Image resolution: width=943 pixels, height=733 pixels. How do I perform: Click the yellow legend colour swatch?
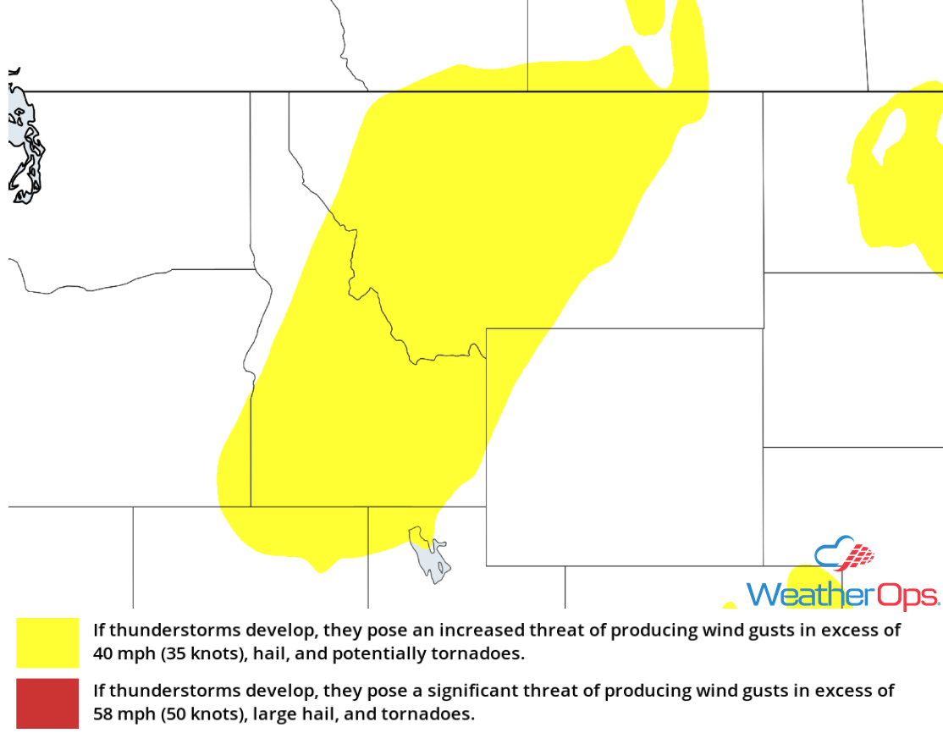pyautogui.click(x=47, y=642)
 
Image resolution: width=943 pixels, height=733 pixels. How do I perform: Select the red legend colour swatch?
pyautogui.click(x=47, y=703)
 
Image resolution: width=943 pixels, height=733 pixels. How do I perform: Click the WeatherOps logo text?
pyautogui.click(x=841, y=594)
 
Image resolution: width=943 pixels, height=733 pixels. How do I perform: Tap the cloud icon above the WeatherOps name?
pyautogui.click(x=843, y=554)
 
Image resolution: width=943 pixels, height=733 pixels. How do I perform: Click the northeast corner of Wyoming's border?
pyautogui.click(x=764, y=328)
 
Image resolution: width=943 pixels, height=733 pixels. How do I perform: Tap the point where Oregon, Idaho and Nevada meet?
pyautogui.click(x=251, y=507)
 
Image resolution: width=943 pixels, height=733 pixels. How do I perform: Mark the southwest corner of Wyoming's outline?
pyautogui.click(x=486, y=565)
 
